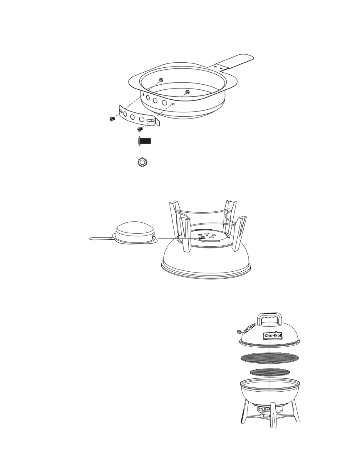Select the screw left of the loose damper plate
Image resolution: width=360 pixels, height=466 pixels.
tap(112, 118)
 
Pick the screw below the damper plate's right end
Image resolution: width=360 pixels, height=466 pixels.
tap(140, 129)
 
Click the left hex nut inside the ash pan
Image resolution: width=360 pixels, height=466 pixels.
tap(160, 80)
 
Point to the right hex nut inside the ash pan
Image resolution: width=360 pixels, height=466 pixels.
tap(187, 92)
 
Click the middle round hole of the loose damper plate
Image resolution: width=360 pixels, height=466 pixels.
tap(133, 117)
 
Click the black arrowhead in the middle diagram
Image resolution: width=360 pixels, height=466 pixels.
tap(201, 238)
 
